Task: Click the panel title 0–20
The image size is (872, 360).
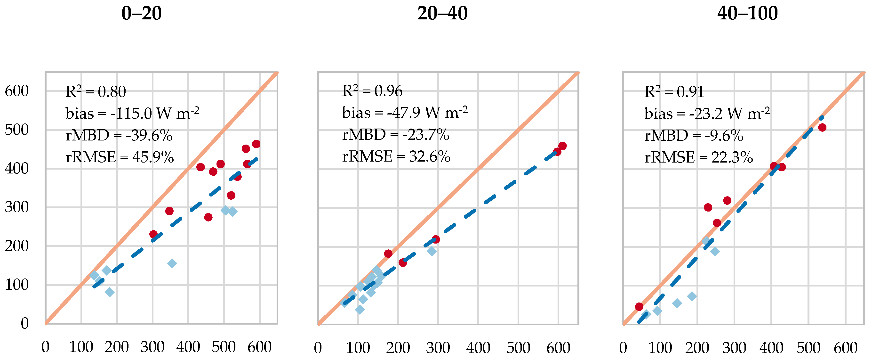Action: [142, 14]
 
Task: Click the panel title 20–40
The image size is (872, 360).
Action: [442, 14]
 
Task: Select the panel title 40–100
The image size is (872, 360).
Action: [747, 14]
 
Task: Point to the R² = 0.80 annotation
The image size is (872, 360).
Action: [96, 91]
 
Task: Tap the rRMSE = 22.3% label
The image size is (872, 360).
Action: [698, 157]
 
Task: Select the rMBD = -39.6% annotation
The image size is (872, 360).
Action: [119, 135]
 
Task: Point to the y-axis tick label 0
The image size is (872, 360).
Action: [24, 323]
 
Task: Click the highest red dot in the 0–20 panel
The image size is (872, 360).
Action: [256, 144]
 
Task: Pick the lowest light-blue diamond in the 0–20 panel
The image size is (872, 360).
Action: [109, 292]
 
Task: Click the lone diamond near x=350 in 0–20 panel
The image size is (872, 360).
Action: [172, 263]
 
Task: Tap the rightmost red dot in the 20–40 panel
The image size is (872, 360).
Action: [562, 146]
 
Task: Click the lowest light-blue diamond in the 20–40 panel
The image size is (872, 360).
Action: [360, 309]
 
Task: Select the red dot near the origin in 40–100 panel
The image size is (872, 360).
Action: [639, 306]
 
